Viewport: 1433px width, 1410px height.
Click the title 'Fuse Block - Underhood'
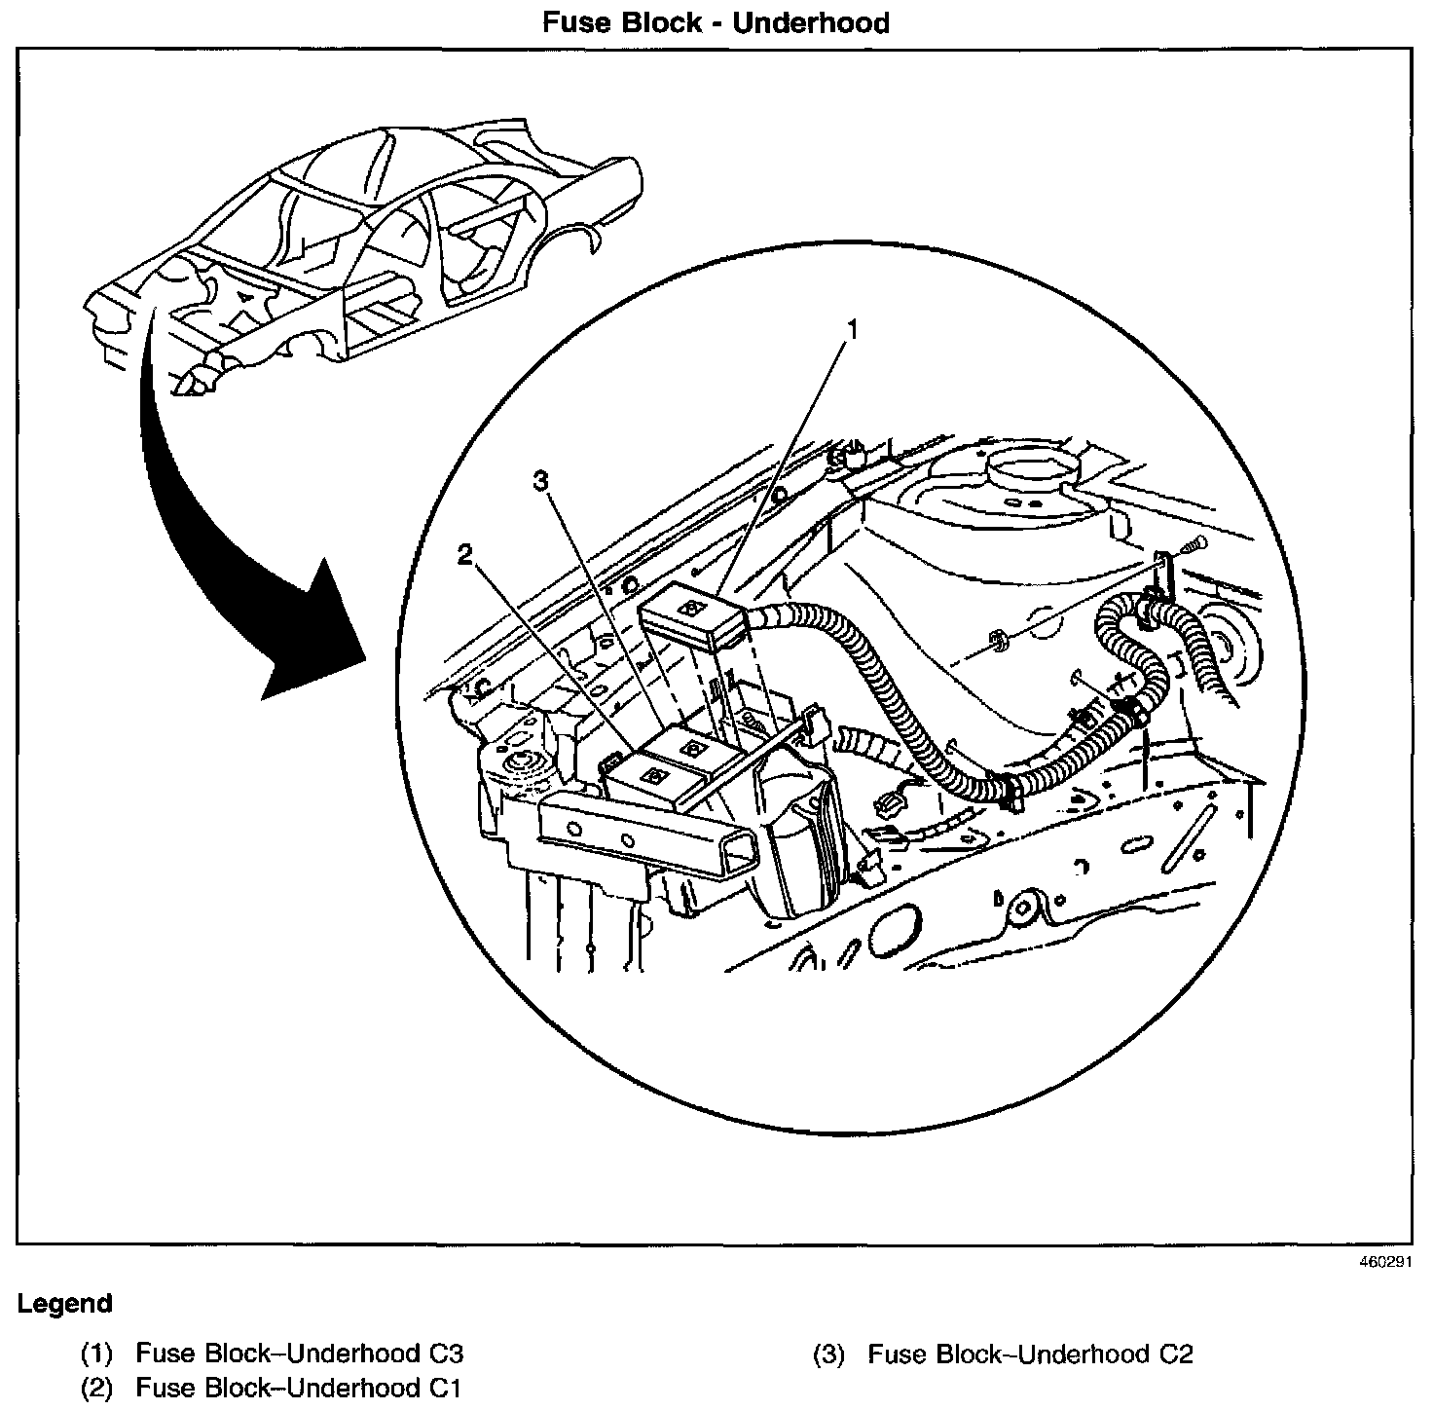(x=716, y=22)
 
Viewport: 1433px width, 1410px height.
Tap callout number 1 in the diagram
(x=853, y=331)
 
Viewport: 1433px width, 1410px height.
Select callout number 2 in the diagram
(x=465, y=555)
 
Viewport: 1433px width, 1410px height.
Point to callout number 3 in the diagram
(x=542, y=480)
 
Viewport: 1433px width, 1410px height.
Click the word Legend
(x=64, y=1304)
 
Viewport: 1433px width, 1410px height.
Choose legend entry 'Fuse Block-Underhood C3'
(x=299, y=1354)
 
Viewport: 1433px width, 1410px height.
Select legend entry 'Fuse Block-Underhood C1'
(x=297, y=1387)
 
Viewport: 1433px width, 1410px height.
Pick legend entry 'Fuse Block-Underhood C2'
(x=1030, y=1354)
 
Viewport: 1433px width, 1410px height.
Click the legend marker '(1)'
(x=97, y=1354)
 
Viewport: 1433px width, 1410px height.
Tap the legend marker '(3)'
(x=828, y=1354)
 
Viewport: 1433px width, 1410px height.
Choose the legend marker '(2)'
(x=97, y=1387)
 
